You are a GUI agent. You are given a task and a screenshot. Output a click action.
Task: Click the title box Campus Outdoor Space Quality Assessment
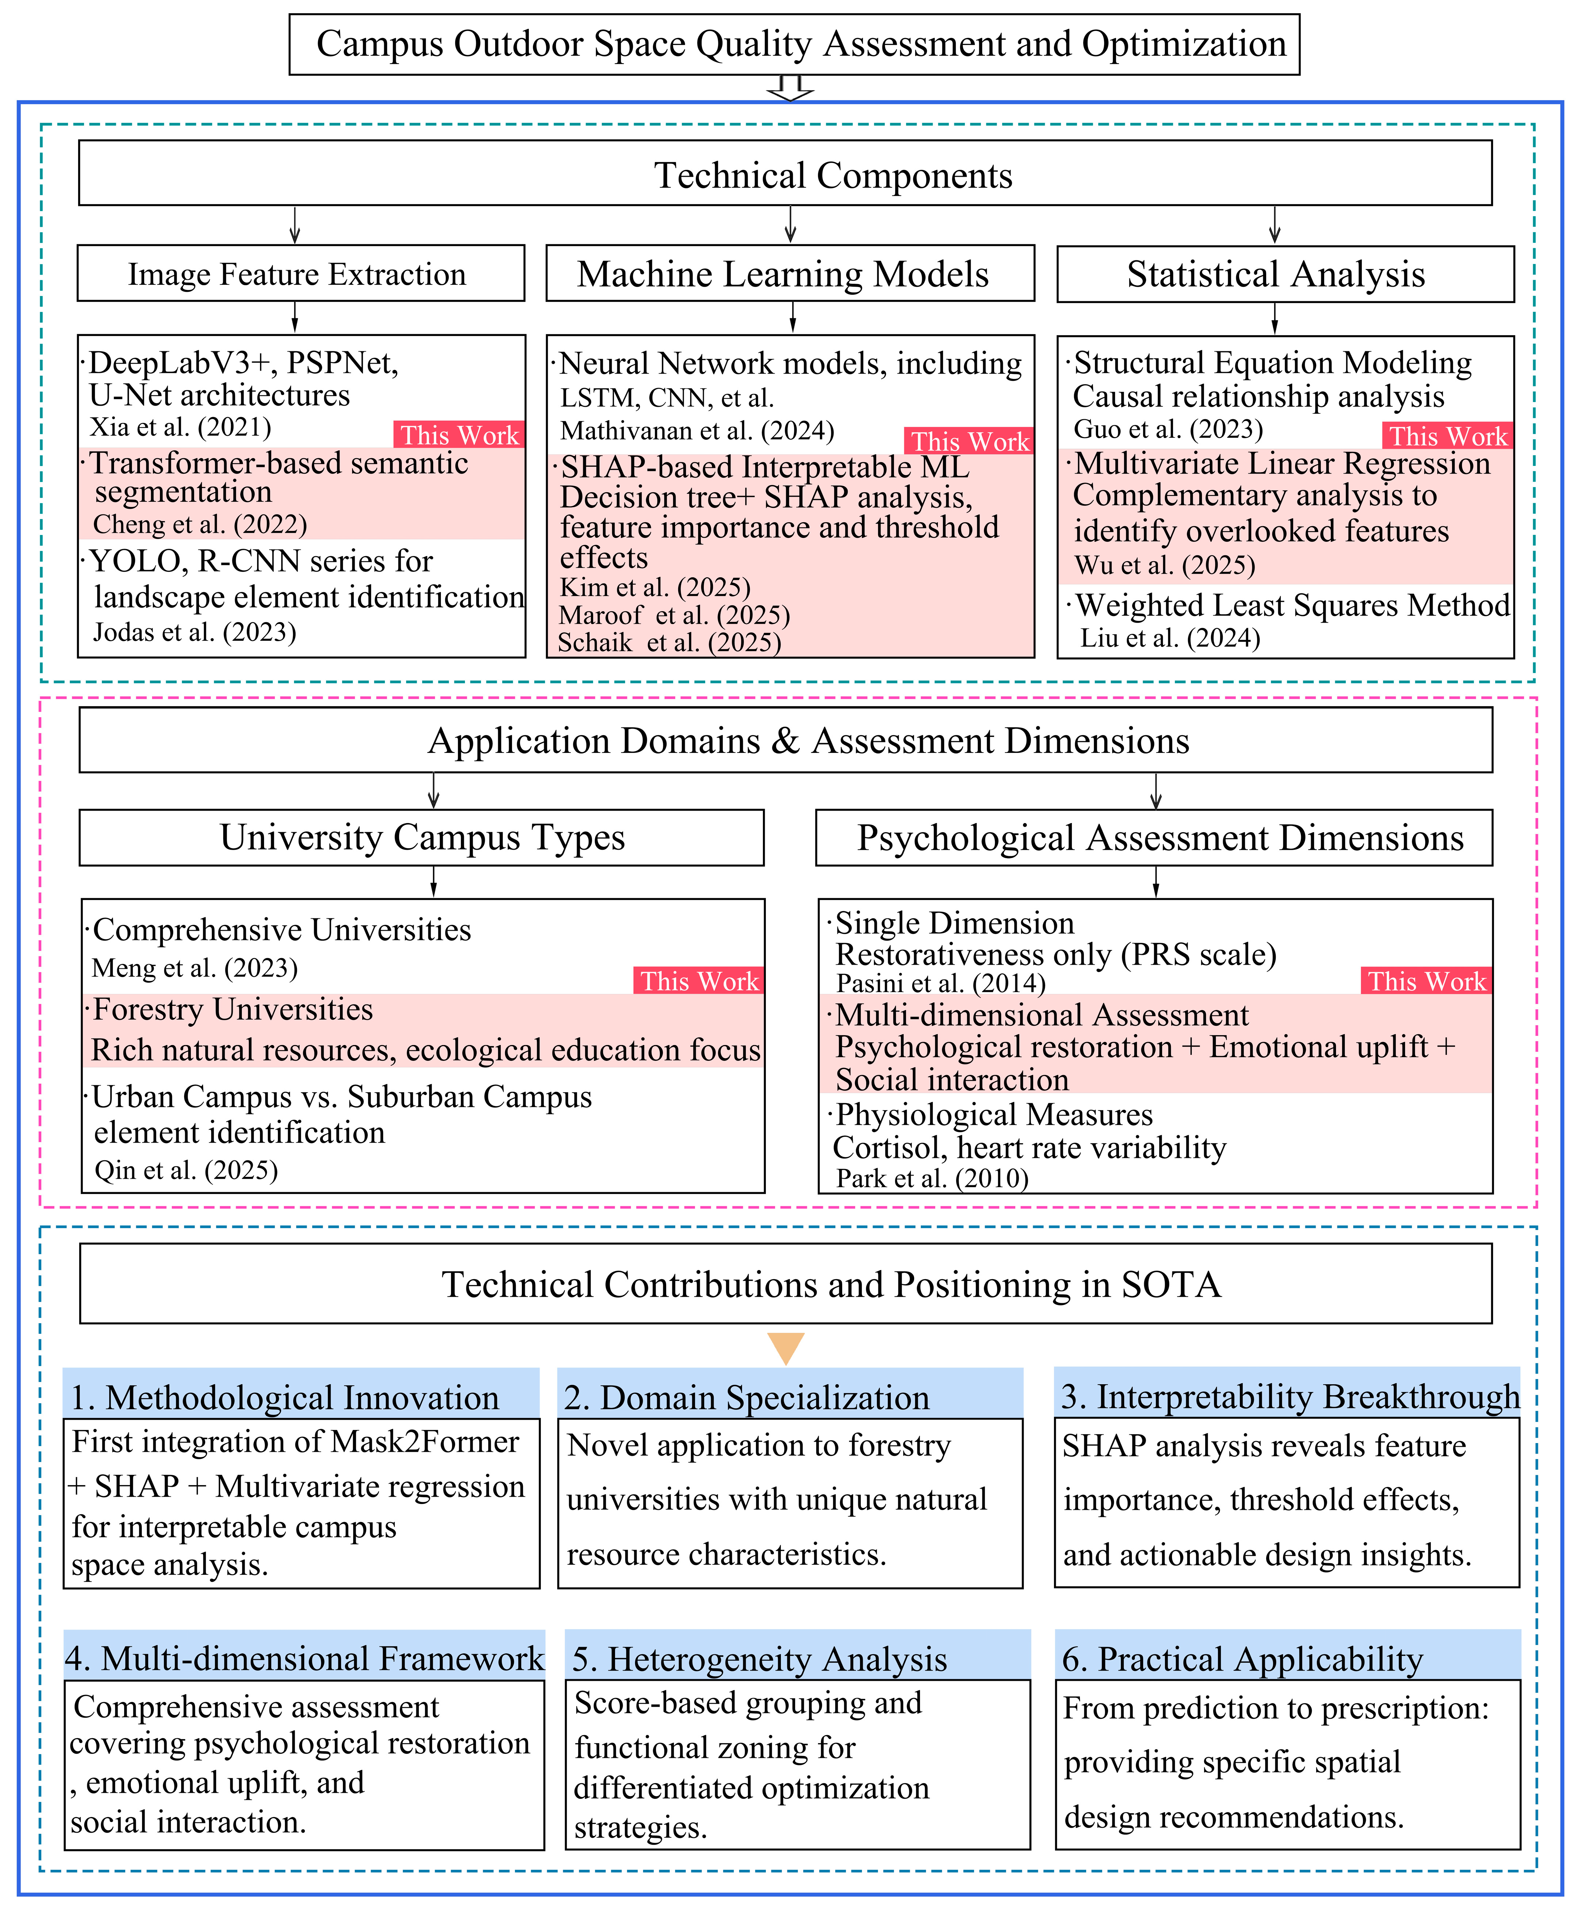(794, 43)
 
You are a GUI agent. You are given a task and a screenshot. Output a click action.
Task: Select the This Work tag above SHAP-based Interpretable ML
(969, 442)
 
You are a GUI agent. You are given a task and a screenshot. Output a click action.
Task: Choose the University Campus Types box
(422, 837)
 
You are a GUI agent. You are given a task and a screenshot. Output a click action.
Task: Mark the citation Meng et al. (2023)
(195, 968)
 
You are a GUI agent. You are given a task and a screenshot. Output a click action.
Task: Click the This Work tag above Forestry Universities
(698, 981)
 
